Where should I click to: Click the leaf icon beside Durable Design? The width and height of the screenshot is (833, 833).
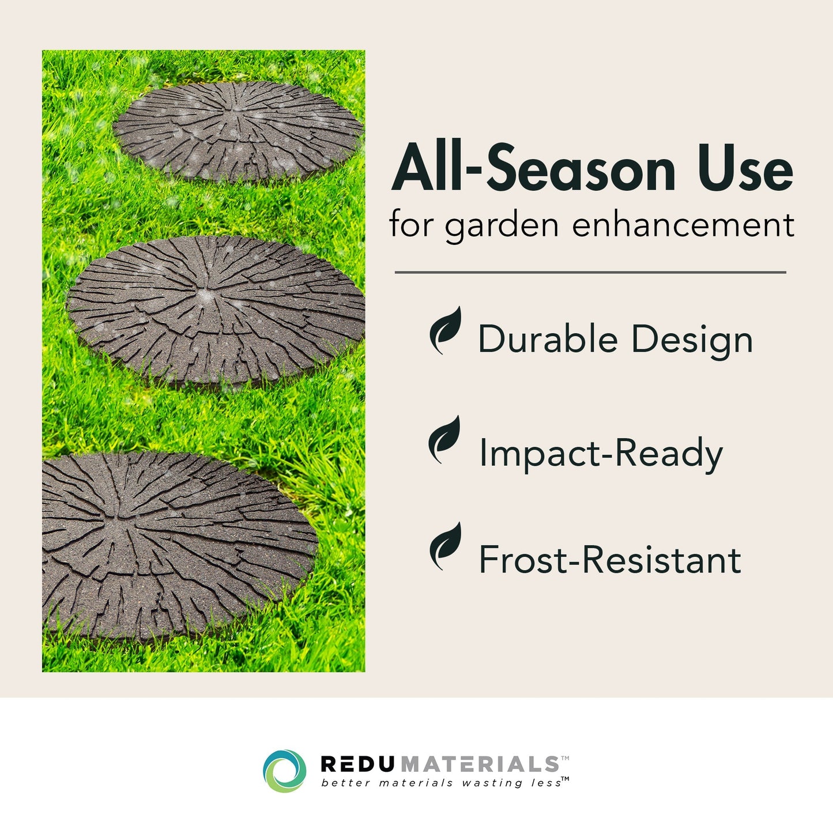click(446, 330)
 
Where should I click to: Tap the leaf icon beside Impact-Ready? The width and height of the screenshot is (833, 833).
click(444, 440)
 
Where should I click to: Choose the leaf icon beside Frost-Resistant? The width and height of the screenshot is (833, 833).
click(446, 546)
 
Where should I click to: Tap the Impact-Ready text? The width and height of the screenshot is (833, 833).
click(601, 453)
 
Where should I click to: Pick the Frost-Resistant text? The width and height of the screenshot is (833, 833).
click(610, 560)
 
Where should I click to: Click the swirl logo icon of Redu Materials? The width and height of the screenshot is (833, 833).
click(284, 771)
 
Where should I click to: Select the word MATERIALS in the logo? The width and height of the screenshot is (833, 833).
click(479, 764)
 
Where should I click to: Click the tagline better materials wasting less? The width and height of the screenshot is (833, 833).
click(442, 783)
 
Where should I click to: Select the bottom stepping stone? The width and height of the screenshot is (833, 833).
click(173, 545)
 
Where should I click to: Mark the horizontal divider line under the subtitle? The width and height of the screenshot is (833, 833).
click(590, 272)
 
